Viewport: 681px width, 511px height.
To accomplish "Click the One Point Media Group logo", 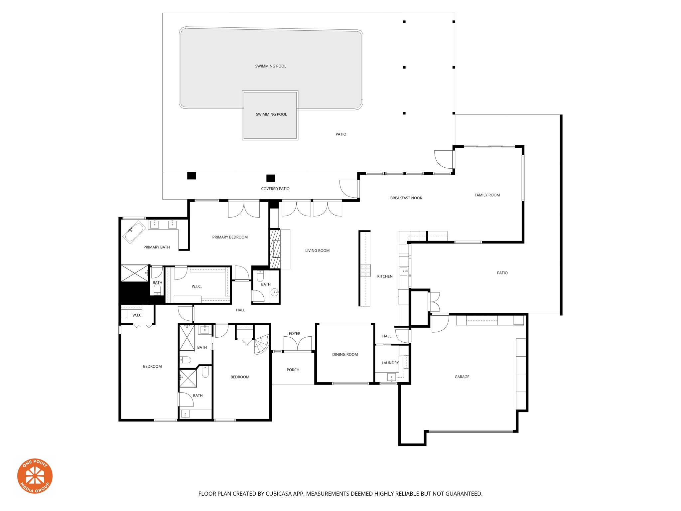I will pos(35,476).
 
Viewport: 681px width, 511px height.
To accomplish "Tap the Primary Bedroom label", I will pos(230,237).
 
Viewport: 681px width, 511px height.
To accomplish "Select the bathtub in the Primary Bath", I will pos(134,232).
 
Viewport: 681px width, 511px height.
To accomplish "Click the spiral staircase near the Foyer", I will pos(261,345).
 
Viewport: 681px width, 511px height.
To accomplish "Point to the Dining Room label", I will pos(345,354).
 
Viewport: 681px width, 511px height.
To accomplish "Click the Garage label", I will pos(462,377).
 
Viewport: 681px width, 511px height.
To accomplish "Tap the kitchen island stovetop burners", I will pos(365,270).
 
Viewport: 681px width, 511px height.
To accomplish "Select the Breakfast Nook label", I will pos(406,198).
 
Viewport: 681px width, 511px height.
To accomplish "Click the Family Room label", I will pos(487,195).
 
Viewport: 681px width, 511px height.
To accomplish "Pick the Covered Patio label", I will pos(275,189).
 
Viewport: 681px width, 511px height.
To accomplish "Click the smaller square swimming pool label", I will pos(271,114).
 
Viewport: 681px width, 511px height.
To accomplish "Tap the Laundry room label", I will pos(390,363).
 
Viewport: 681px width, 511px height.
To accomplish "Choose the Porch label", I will pos(293,370).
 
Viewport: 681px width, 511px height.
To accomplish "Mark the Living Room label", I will pos(317,251).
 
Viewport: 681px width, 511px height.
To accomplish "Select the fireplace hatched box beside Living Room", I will pos(275,249).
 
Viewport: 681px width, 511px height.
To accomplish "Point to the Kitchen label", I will pos(385,276).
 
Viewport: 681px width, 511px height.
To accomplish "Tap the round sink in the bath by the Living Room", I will pos(274,292).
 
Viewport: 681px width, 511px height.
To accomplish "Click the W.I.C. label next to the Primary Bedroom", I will pos(197,286).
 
